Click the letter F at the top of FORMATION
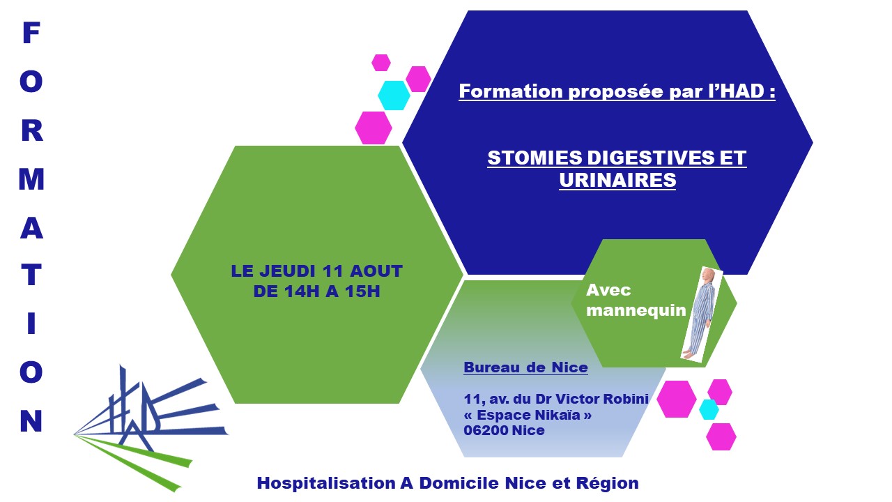point(31,33)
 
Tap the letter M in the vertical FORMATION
point(31,179)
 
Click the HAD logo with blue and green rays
point(151,428)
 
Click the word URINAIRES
point(617,180)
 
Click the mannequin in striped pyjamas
point(701,314)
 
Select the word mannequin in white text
point(636,310)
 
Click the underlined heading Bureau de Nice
point(525,367)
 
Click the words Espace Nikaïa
point(528,415)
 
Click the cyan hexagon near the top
point(394,96)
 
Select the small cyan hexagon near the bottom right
point(709,409)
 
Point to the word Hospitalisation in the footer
point(326,484)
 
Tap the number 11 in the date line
point(333,271)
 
